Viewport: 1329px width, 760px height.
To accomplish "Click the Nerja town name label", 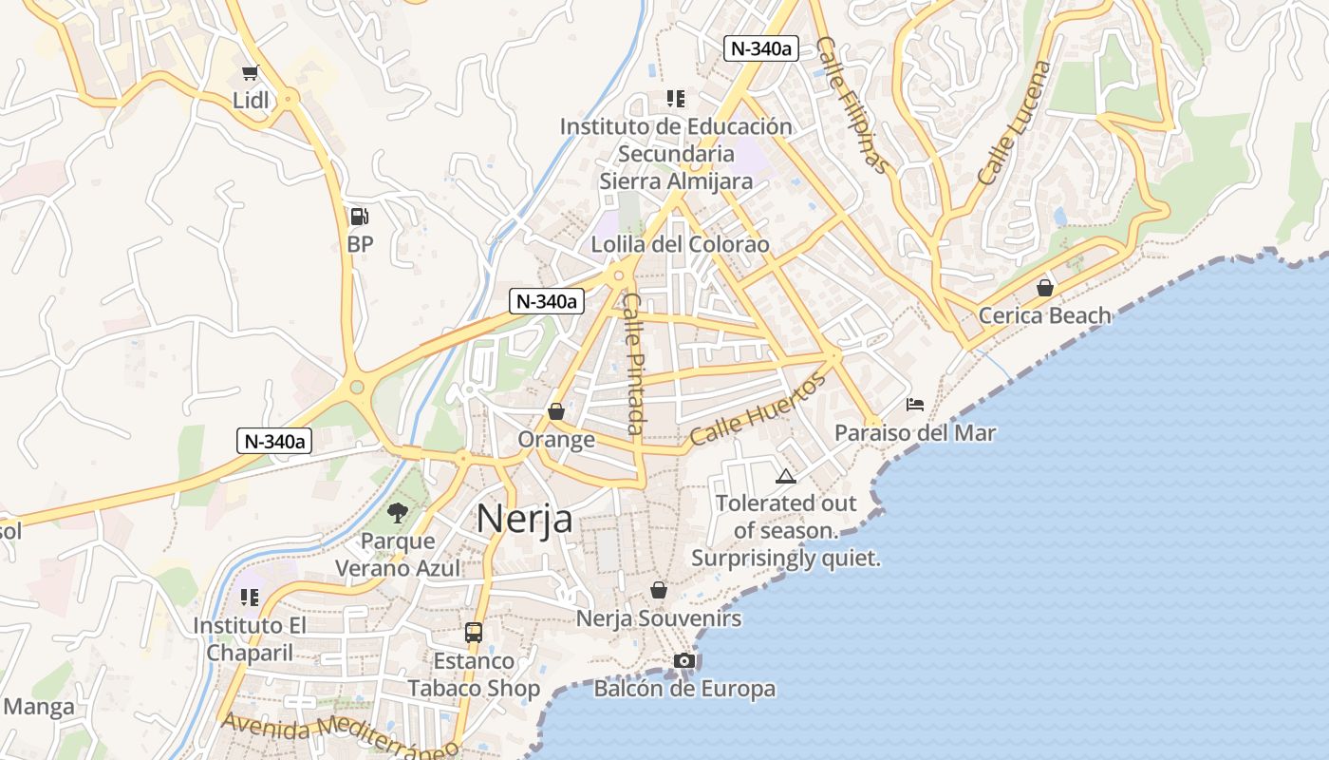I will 524,520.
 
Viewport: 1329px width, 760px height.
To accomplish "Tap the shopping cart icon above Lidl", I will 251,72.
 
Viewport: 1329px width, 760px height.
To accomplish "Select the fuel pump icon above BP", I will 360,217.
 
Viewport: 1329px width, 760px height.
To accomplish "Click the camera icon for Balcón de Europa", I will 684,660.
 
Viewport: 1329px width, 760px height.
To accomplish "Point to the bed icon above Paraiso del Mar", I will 915,405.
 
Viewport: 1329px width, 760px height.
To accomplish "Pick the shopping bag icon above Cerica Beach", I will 1045,287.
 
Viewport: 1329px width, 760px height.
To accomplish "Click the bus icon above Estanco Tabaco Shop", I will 473,632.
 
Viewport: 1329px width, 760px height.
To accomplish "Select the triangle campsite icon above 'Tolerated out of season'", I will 785,476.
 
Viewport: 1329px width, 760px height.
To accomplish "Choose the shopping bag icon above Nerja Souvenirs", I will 659,590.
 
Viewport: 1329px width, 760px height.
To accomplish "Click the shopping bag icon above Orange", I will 556,411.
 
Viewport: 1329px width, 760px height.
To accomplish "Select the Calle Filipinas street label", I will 854,105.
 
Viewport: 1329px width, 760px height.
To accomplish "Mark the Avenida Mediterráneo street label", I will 340,736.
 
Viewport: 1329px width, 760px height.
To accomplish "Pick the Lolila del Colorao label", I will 680,244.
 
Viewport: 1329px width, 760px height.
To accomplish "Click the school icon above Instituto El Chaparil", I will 250,597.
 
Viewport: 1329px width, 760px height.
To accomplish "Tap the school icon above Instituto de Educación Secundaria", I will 676,98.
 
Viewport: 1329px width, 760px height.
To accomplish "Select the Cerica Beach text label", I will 1044,315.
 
